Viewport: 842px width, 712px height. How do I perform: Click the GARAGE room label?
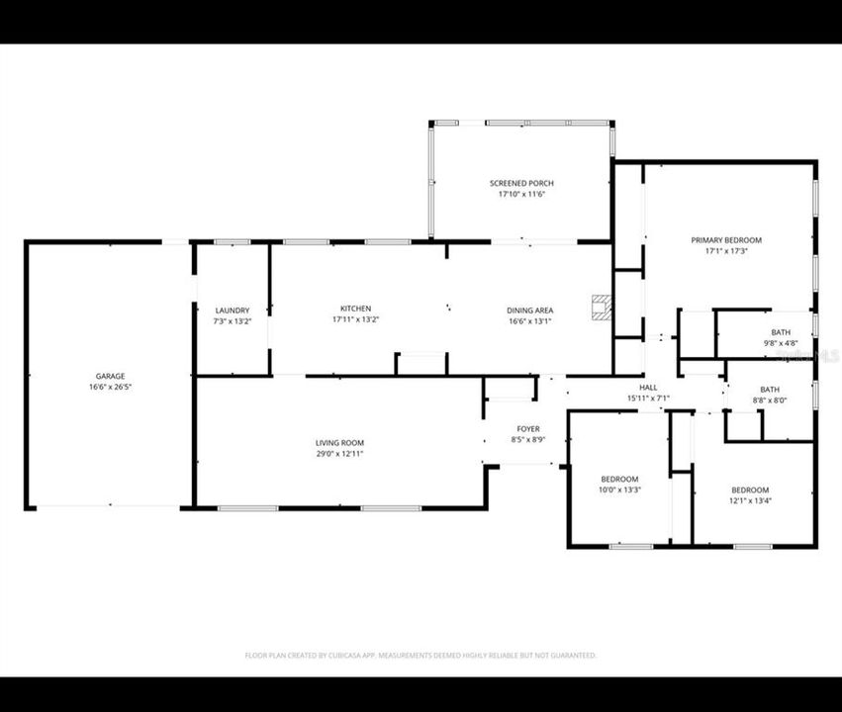[110, 376]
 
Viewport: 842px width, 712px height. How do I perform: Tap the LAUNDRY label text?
[232, 310]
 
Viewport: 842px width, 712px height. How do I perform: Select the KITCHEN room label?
[355, 309]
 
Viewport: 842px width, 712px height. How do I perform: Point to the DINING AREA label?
[529, 310]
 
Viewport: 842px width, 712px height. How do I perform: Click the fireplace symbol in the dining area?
[601, 307]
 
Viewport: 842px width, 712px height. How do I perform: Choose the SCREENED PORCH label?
[521, 183]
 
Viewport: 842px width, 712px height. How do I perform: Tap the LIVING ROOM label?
[340, 442]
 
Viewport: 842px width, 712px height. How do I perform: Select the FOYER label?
[527, 428]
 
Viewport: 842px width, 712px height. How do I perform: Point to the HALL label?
[648, 387]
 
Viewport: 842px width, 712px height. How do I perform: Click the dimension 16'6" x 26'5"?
[110, 387]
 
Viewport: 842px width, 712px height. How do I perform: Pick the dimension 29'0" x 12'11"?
[340, 453]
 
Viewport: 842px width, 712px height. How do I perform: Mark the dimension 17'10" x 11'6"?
[521, 194]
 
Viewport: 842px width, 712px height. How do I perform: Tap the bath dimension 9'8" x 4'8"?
[781, 343]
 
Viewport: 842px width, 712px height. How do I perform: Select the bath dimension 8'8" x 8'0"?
[769, 400]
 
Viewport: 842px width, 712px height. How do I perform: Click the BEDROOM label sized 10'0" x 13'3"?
[620, 479]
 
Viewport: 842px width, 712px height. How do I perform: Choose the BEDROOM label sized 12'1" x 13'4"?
[750, 489]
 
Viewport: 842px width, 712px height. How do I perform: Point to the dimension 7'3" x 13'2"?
[232, 320]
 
